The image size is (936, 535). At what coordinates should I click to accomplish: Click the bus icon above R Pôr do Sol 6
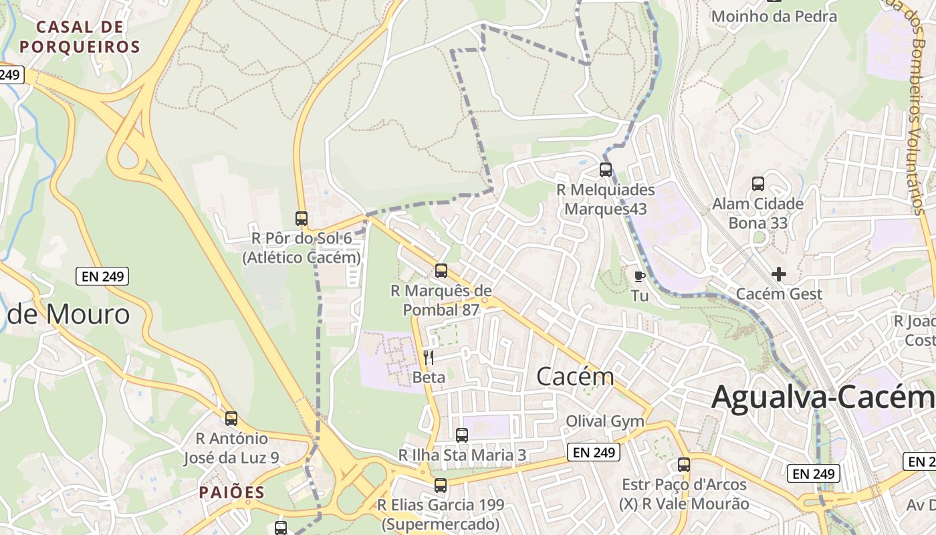tap(302, 219)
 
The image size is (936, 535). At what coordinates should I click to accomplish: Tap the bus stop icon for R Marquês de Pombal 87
tap(441, 271)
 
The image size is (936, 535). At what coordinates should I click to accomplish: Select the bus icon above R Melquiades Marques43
tap(606, 170)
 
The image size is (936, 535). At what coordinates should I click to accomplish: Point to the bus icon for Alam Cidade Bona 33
tap(758, 184)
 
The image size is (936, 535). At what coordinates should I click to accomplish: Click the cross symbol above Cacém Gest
tap(779, 274)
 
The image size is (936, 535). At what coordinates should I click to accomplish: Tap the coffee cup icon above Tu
tap(640, 276)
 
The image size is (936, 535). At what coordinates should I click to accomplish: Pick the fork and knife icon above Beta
tap(429, 358)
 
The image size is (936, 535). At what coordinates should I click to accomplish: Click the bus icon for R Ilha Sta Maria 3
tap(462, 435)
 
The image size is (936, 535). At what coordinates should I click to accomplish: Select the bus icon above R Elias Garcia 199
tap(440, 486)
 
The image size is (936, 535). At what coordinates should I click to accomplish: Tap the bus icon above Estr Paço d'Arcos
tap(684, 465)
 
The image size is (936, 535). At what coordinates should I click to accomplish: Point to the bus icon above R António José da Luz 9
tap(231, 419)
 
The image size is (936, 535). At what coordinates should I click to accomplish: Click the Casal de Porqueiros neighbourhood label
tap(80, 37)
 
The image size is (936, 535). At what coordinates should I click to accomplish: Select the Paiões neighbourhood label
tap(232, 493)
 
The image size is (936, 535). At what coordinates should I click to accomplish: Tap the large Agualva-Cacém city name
tap(822, 397)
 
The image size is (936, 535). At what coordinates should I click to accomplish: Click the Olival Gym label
tap(605, 421)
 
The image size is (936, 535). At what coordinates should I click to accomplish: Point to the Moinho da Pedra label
tap(774, 17)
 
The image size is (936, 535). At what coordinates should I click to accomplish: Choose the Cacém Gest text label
tap(779, 294)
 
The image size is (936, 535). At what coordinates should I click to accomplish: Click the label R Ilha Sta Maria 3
tap(463, 455)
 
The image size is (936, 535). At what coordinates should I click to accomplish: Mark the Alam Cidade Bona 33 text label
tap(758, 213)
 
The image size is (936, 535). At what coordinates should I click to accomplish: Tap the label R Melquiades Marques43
tap(606, 199)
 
